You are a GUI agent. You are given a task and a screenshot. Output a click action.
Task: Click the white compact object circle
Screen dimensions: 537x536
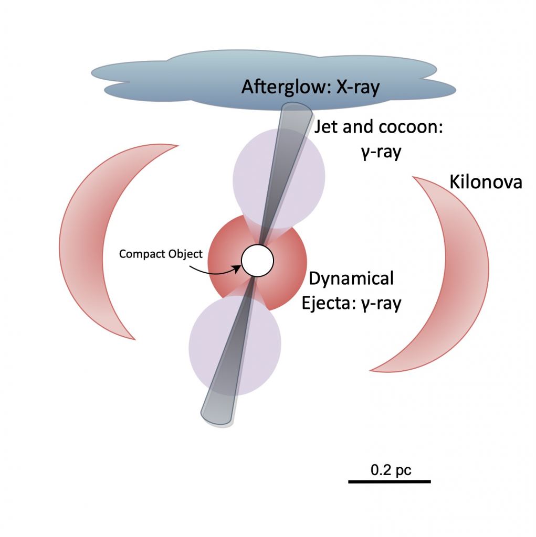[257, 261]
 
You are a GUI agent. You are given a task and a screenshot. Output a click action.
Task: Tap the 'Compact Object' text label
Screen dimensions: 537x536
[161, 254]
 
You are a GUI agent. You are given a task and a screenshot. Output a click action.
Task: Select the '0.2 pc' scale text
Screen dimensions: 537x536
[391, 470]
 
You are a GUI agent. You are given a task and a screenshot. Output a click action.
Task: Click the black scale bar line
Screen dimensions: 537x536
[390, 480]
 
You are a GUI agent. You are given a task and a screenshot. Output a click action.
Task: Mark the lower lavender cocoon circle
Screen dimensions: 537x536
[235, 343]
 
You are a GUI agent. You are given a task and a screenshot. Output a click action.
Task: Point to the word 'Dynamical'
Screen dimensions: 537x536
[351, 278]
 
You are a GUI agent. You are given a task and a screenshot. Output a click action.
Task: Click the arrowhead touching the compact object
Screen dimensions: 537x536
[239, 268]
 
